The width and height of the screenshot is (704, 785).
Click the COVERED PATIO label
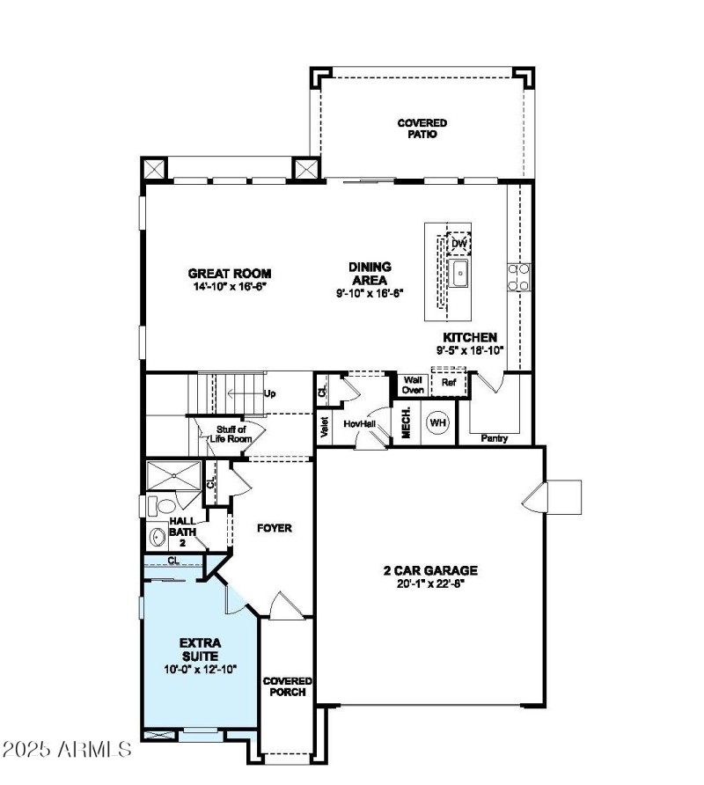(x=422, y=128)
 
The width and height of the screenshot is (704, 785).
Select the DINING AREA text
(x=370, y=273)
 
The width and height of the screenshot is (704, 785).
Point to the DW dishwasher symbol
(x=458, y=243)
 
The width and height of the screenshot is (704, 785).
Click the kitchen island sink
(x=458, y=274)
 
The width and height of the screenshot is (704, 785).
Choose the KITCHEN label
(x=470, y=337)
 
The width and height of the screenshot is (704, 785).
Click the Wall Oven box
(x=413, y=384)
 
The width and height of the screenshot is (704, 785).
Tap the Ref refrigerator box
(x=449, y=384)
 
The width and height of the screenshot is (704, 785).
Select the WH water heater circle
(x=437, y=423)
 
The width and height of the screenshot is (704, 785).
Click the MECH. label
(x=407, y=423)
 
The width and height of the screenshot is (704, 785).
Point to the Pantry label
(x=495, y=437)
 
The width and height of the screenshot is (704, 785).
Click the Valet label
(x=325, y=427)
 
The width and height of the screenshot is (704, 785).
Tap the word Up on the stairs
(x=270, y=393)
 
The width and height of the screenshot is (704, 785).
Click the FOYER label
(x=274, y=528)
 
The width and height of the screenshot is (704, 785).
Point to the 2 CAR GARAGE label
(x=430, y=570)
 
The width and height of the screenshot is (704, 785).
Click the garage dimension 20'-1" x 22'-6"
(x=430, y=583)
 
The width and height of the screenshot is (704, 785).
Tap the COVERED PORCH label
(x=288, y=686)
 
